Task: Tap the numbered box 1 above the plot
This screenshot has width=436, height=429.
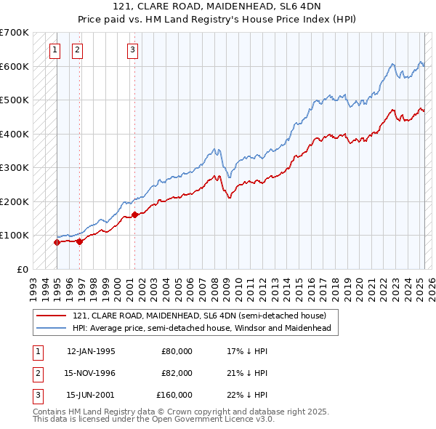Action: (x=55, y=50)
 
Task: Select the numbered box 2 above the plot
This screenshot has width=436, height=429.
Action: (x=77, y=50)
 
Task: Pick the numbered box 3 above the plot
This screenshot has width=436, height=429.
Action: (x=132, y=50)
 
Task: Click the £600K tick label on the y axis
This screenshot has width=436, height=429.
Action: (x=15, y=66)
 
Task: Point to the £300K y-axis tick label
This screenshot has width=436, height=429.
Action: (x=15, y=167)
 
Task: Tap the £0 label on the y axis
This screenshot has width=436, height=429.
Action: (x=22, y=269)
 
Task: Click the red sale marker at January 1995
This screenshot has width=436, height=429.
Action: (x=57, y=242)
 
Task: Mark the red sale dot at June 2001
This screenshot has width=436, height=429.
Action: (x=134, y=215)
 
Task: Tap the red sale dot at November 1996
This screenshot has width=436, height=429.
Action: (x=79, y=241)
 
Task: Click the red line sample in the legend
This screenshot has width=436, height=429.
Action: (x=51, y=316)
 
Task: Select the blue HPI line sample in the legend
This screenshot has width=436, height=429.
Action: (x=51, y=328)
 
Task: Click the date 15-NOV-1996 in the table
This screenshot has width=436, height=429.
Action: (x=91, y=373)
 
